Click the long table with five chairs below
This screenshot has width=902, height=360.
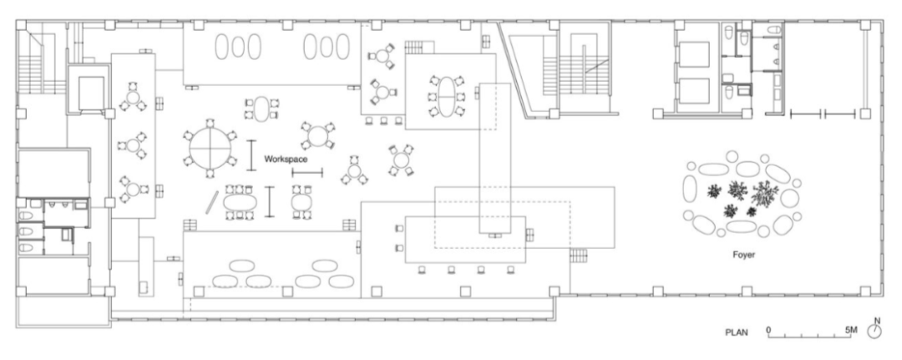click(x=464, y=240)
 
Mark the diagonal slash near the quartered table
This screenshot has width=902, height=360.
click(x=214, y=203)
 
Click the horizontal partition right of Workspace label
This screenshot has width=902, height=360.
click(x=307, y=172)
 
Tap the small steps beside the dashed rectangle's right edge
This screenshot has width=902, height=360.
click(x=579, y=253)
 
